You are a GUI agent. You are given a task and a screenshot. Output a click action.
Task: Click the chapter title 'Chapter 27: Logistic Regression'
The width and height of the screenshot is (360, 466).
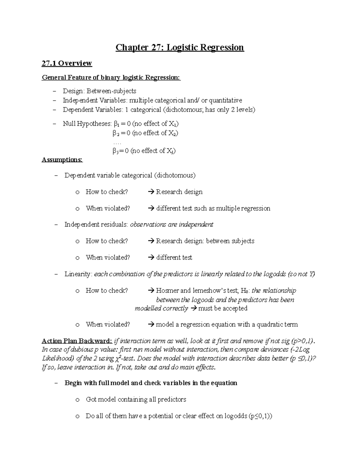180,47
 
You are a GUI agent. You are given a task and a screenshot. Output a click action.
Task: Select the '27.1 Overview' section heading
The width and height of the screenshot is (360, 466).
67,63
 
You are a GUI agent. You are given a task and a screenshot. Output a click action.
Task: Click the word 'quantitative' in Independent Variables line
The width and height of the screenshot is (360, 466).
225,100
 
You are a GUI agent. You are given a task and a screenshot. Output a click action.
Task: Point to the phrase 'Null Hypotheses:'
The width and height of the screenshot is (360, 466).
87,124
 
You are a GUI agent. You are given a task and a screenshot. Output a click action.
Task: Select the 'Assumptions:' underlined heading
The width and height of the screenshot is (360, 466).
62,160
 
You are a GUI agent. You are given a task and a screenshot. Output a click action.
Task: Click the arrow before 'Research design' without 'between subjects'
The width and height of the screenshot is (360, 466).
151,192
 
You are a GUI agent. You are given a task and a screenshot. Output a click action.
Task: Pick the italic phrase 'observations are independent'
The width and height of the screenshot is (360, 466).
171,224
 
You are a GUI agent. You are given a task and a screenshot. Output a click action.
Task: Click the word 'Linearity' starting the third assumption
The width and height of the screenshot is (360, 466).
77,274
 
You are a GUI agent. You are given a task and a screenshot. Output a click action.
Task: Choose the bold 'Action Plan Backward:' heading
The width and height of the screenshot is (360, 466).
77,341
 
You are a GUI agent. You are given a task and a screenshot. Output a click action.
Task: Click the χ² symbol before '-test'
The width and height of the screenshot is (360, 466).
118,358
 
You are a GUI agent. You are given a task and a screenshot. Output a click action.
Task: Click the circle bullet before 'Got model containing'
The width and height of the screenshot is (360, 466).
77,400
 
